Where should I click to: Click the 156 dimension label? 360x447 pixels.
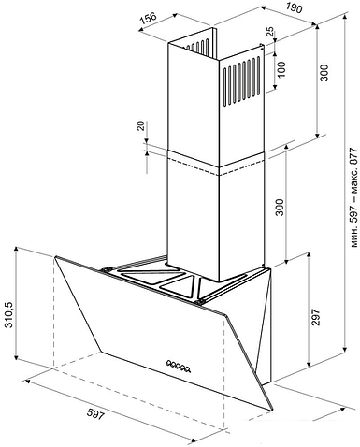tap(148, 18)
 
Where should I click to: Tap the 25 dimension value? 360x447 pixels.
tap(270, 31)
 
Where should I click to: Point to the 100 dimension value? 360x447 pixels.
tap(281, 69)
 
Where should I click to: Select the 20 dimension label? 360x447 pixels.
tap(141, 126)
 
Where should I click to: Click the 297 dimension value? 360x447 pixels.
tap(316, 317)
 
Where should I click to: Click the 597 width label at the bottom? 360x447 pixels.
tap(94, 414)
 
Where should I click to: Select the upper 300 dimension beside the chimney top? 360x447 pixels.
tap(324, 73)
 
